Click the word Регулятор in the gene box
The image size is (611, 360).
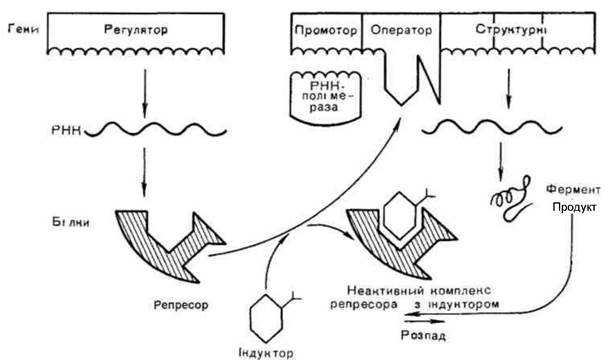(x=136, y=30)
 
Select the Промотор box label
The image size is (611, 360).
(x=326, y=30)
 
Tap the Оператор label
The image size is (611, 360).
(x=401, y=30)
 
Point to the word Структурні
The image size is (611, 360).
(x=510, y=30)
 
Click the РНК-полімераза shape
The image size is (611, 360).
(x=326, y=96)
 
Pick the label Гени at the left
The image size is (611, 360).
(x=23, y=29)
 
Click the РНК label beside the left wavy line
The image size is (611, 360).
(x=66, y=130)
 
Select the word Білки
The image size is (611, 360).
(x=71, y=222)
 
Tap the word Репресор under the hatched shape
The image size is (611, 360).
(x=181, y=305)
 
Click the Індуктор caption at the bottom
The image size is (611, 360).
(x=266, y=353)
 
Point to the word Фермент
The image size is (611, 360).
(x=573, y=190)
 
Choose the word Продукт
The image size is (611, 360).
(x=574, y=207)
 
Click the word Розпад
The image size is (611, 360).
(x=423, y=335)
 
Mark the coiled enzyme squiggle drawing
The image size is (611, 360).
(x=510, y=199)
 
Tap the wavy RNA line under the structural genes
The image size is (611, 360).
(x=492, y=128)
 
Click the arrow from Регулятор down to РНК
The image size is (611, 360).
(x=145, y=94)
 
